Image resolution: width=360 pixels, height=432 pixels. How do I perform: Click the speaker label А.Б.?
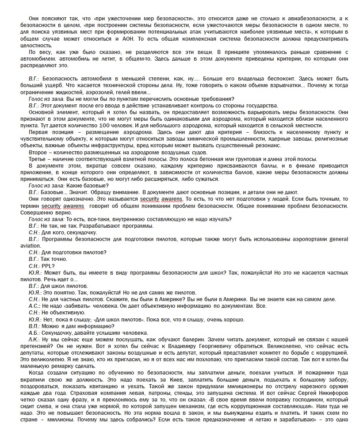34,333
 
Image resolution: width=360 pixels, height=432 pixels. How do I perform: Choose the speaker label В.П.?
34,326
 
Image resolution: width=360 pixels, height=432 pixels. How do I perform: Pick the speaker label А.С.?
34,306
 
